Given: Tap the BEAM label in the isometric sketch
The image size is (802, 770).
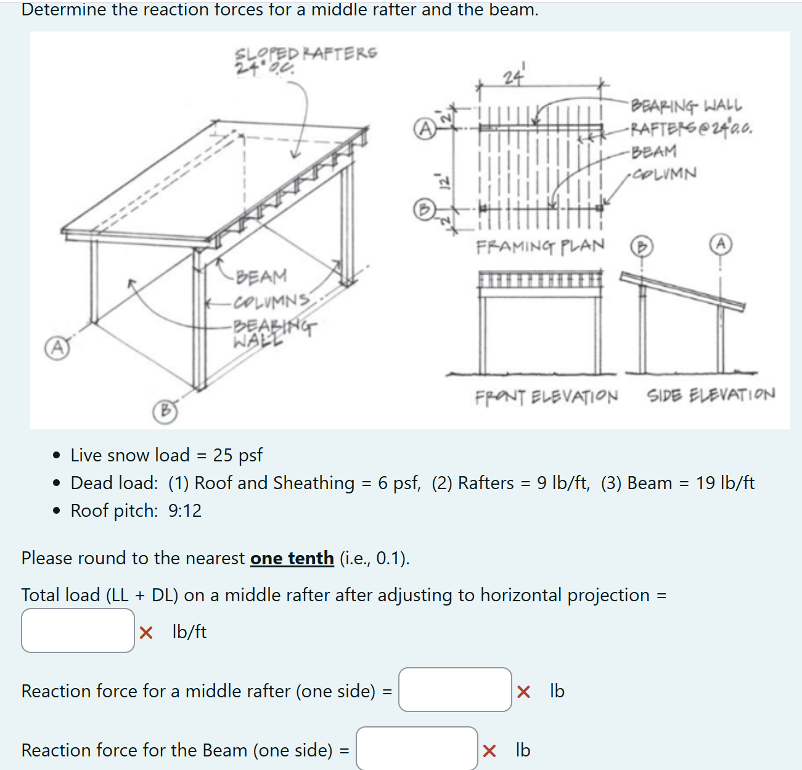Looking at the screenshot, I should click(261, 277).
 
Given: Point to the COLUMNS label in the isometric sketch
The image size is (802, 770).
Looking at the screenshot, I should click(271, 301).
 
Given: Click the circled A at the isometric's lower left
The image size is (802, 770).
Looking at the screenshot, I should click(56, 347).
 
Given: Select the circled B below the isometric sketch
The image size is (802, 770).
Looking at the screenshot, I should click(165, 411).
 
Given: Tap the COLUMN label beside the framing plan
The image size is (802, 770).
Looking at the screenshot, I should click(665, 174).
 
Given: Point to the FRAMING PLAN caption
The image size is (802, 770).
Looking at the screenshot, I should click(540, 246).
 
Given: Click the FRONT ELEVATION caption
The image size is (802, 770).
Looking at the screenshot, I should click(546, 396).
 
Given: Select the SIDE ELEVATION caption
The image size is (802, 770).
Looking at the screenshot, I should click(711, 394).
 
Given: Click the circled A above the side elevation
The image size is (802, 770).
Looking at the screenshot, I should click(720, 245).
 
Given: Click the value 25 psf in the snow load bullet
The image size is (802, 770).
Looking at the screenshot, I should click(237, 455).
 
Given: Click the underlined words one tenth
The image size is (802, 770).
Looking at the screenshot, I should click(292, 558).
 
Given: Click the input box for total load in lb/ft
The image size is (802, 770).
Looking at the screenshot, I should click(78, 630).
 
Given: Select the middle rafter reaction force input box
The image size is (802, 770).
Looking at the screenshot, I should click(455, 690).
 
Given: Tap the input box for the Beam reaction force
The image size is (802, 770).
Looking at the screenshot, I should click(417, 748).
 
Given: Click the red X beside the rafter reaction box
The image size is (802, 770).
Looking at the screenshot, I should click(523, 692).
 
